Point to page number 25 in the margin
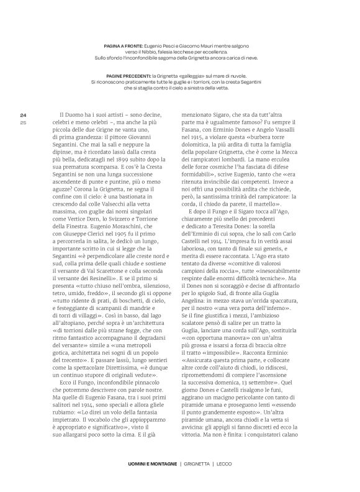23,105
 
